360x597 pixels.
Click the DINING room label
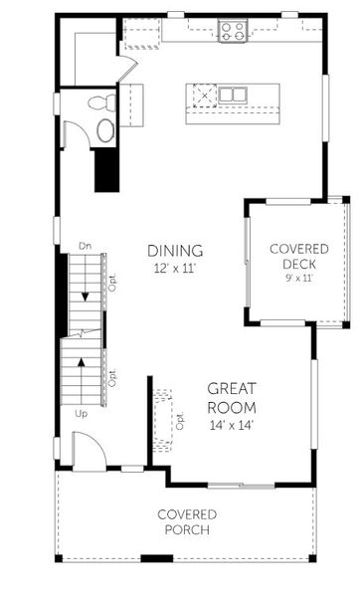(x=175, y=251)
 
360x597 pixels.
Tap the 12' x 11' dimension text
(x=175, y=269)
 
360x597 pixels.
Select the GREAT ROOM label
(x=232, y=398)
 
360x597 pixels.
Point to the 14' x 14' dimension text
(x=232, y=425)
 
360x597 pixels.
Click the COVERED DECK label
(x=297, y=256)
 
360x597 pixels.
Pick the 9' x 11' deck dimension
(x=297, y=280)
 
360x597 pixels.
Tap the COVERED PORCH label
(x=186, y=521)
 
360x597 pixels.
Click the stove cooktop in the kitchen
(x=233, y=32)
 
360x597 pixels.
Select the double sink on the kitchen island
(x=234, y=96)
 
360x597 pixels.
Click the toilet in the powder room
(x=100, y=101)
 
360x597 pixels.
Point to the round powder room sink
(x=104, y=129)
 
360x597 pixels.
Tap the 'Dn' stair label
(x=86, y=245)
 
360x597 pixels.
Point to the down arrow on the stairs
(x=85, y=295)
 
